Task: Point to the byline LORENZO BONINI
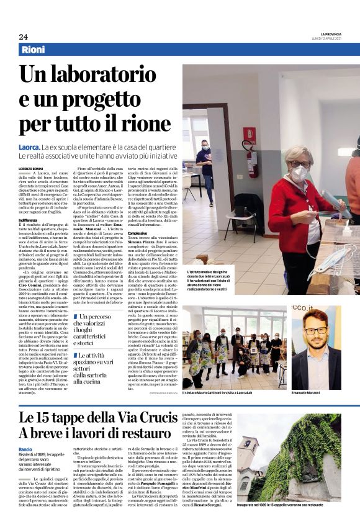coord(32,168)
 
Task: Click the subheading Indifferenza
coord(30,219)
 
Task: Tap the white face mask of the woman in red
coord(299,171)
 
